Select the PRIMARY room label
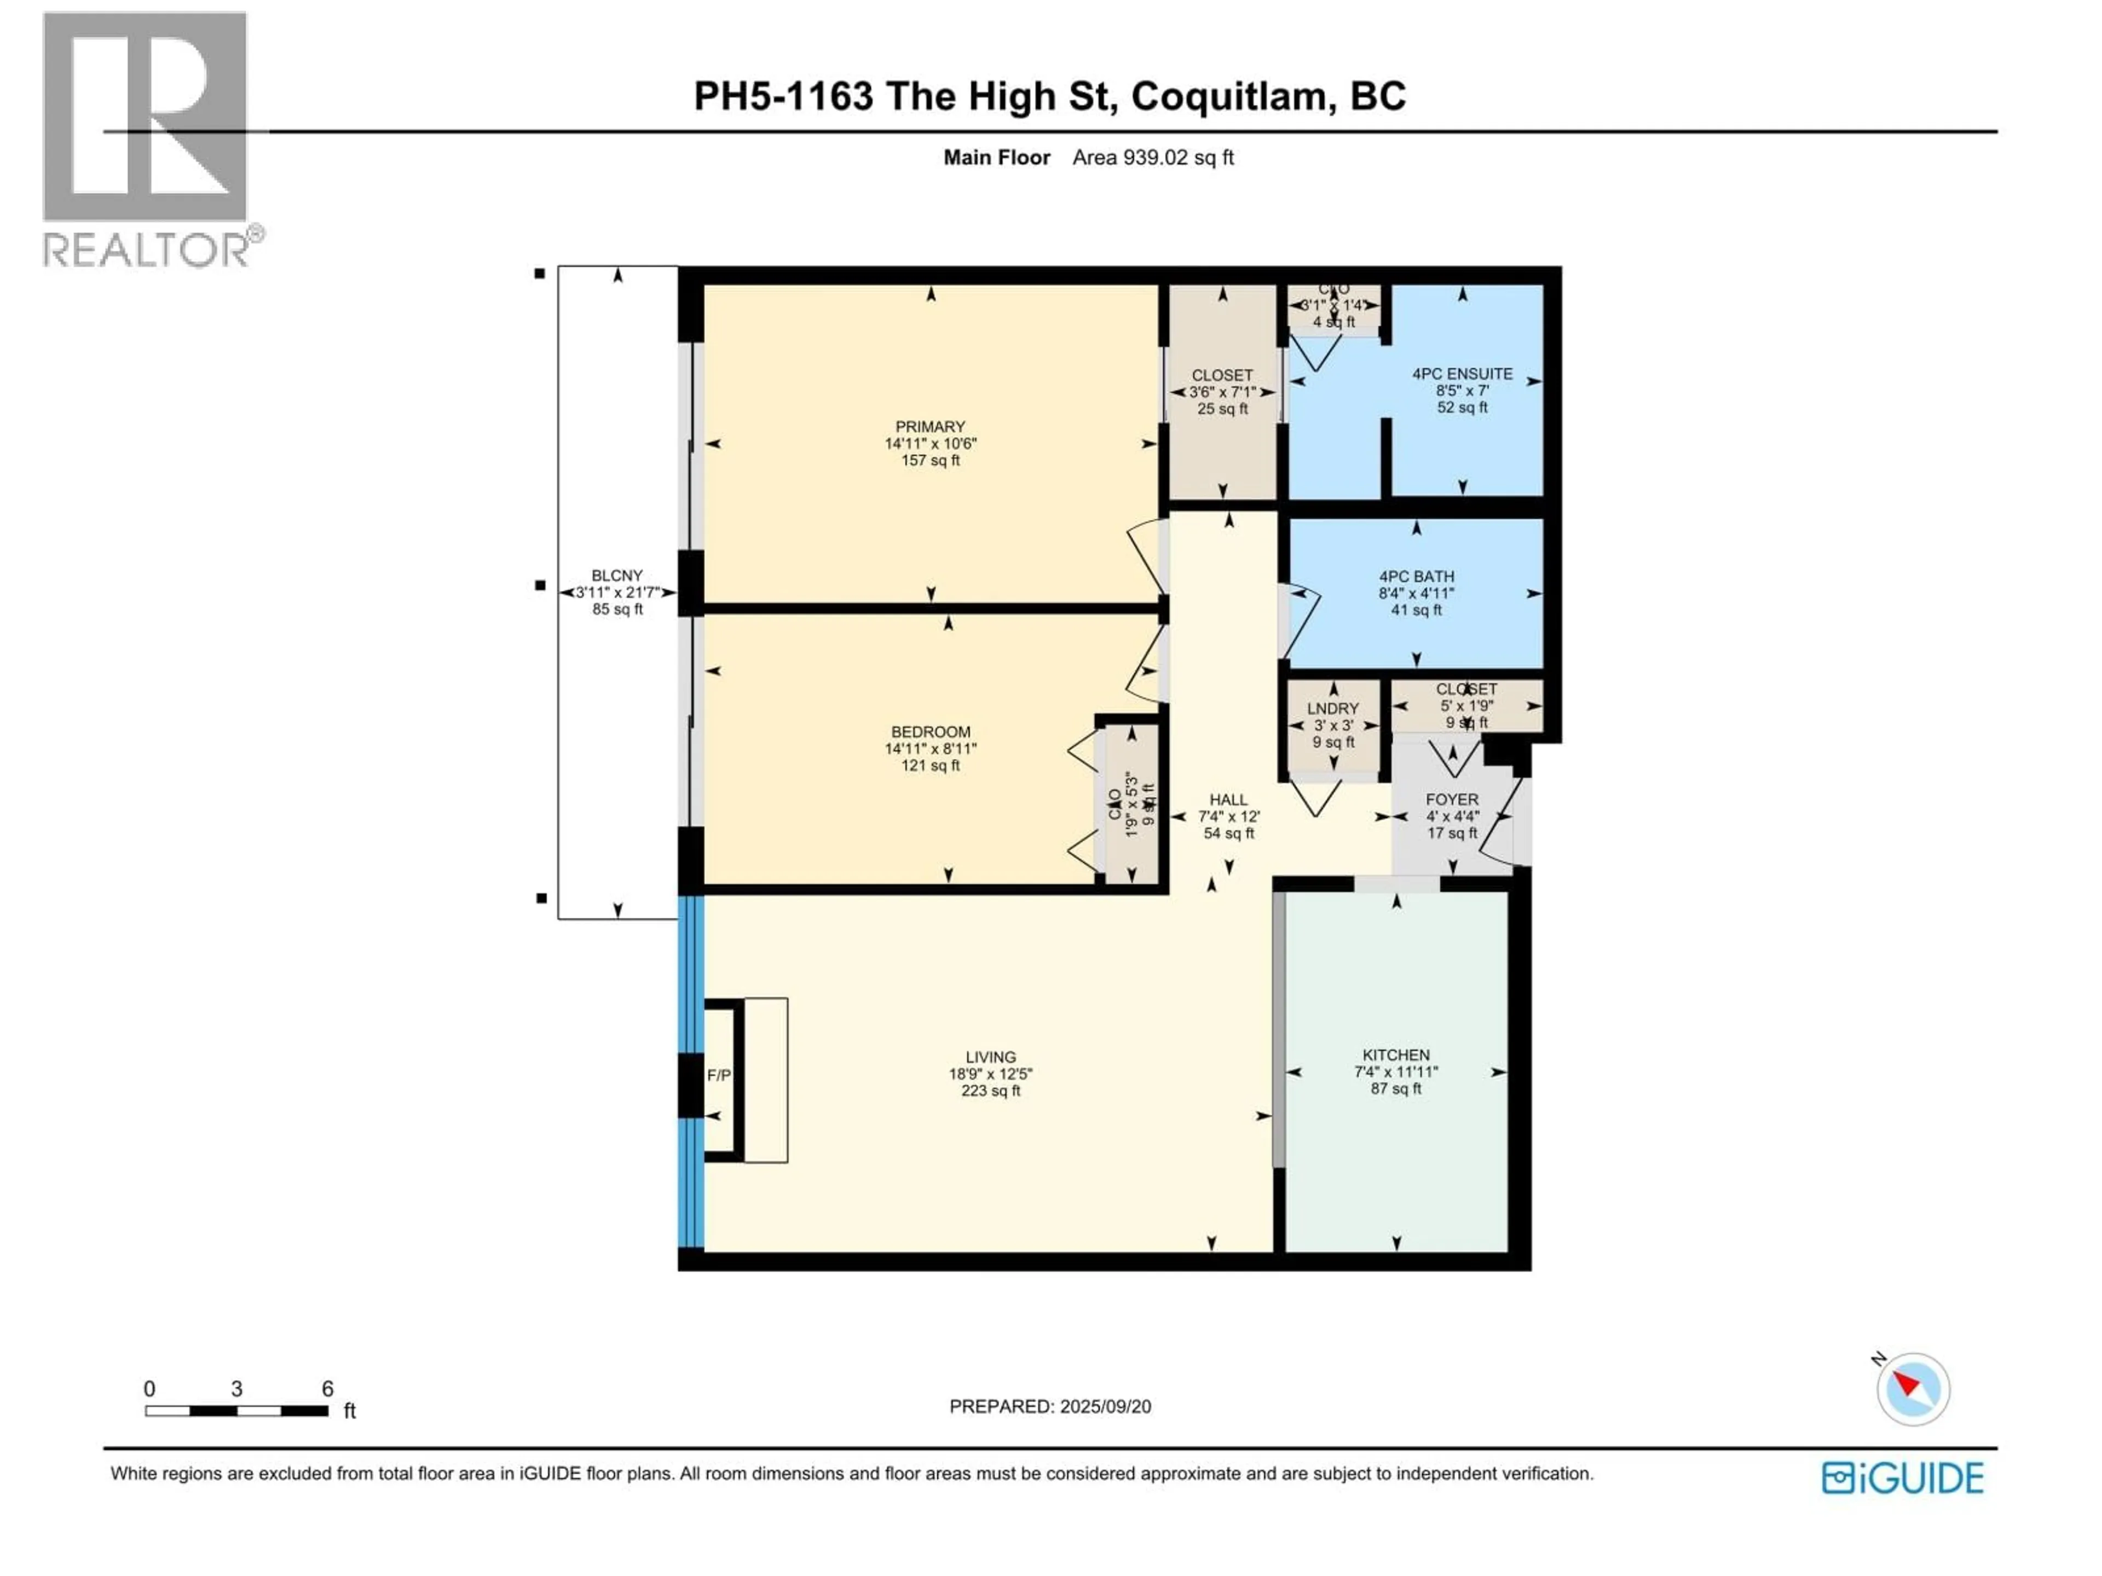pyautogui.click(x=931, y=426)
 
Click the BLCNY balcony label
pyautogui.click(x=617, y=576)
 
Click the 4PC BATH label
pyautogui.click(x=1416, y=577)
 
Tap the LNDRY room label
pyautogui.click(x=1332, y=709)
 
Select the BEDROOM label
pyautogui.click(x=931, y=732)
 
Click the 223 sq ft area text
pyautogui.click(x=990, y=1091)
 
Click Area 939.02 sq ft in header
pyautogui.click(x=1153, y=158)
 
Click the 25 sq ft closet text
pyautogui.click(x=1222, y=408)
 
